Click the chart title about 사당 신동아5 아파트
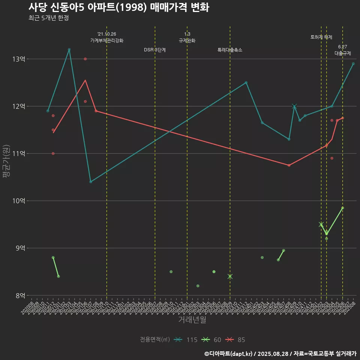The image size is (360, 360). coord(118,7)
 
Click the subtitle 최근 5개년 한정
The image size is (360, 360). coord(48,18)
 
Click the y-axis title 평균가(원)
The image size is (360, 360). coord(6,161)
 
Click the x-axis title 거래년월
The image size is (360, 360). coord(192,320)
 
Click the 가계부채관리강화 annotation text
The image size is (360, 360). coord(107,40)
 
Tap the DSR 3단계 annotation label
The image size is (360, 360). coord(155,50)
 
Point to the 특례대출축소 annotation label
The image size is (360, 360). coord(230,50)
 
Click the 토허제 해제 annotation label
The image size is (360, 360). coord(321,37)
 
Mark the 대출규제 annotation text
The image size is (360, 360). coord(343,53)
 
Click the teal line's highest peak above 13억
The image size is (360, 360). coord(69,49)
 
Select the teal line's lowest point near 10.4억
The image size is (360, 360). coord(91,182)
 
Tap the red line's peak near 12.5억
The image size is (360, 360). coord(85,80)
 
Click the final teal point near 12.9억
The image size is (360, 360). coord(353,64)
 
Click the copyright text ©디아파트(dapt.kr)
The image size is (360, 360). coord(229,354)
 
